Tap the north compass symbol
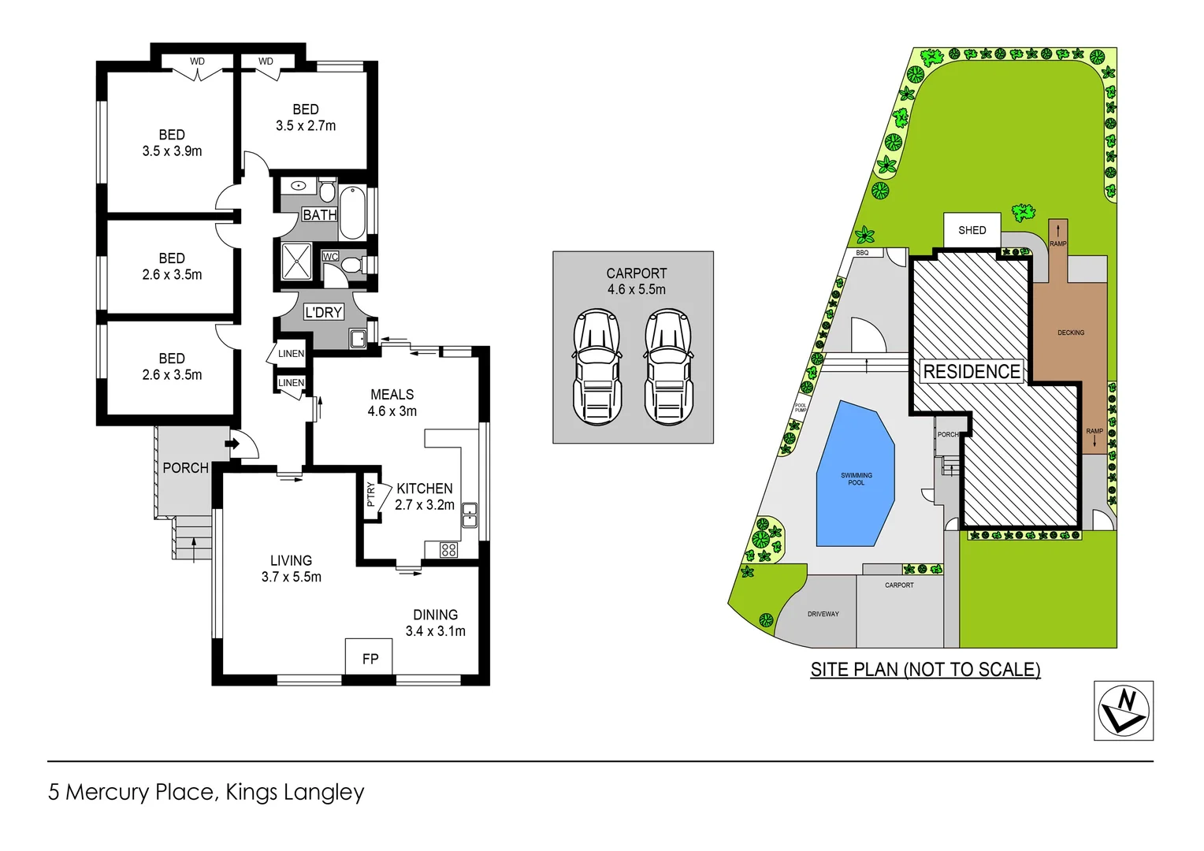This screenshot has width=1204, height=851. pos(1124,711)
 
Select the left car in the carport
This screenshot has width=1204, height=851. pos(596,367)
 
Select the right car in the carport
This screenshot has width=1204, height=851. pos(668,367)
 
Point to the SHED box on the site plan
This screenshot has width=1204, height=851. pos(972,230)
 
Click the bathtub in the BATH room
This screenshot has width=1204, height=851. pos(352,213)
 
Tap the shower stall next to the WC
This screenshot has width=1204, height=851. pos(297,262)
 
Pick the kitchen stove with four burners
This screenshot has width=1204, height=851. pos(449,550)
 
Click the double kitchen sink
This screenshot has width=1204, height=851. pos(470,515)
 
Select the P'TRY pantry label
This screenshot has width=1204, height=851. pos(371,494)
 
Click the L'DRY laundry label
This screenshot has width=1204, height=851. pos(323,312)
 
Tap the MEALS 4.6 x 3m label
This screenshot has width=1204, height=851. pos(392,403)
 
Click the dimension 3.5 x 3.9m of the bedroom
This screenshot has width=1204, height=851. pos(172,151)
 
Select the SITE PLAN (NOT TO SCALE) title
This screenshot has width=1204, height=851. pos(925,670)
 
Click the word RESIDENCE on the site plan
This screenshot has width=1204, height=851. pos(972,371)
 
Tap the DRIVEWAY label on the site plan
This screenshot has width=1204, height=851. pos(823,614)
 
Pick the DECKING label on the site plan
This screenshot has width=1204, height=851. pos(1070,333)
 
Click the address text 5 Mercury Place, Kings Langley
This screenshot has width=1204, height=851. pos(206,792)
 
